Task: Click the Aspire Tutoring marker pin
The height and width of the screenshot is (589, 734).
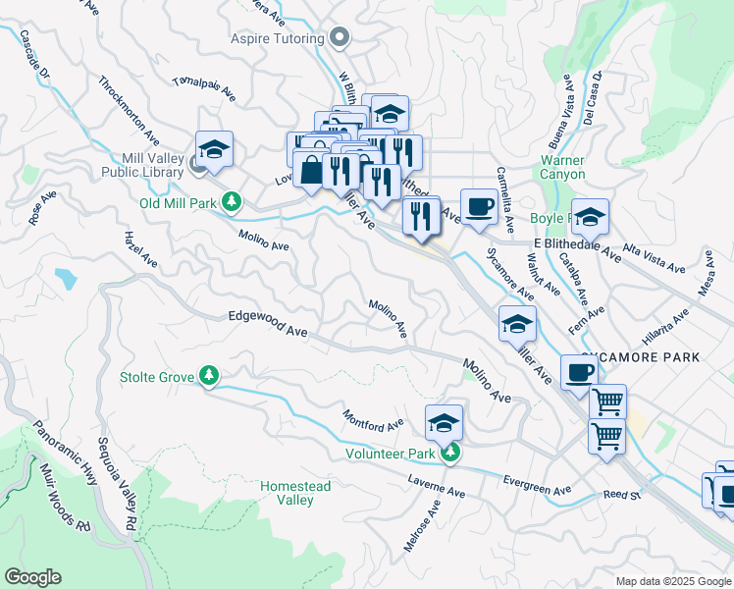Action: (341, 38)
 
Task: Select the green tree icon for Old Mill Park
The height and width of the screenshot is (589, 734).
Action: (232, 202)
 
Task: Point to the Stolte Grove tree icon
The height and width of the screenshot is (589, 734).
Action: (208, 375)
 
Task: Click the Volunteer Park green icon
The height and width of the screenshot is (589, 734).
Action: (449, 453)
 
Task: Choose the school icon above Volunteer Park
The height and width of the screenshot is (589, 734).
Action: (445, 423)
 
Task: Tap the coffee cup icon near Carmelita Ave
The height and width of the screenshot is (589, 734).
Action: (478, 207)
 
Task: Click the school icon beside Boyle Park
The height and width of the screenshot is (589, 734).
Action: (590, 216)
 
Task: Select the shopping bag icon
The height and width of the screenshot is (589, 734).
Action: (310, 169)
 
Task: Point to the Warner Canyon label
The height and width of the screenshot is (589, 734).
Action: (562, 167)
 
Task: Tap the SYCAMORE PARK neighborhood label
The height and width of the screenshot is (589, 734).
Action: (640, 357)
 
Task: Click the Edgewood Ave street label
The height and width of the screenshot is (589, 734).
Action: (268, 324)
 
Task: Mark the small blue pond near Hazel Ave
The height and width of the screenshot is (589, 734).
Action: (66, 278)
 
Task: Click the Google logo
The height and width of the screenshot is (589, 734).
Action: (32, 577)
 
